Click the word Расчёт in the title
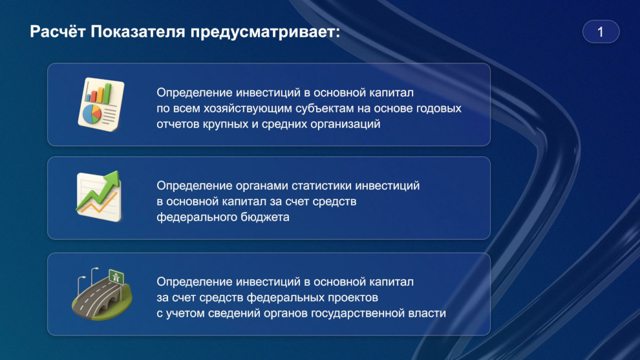[58, 32]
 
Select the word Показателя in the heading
[138, 32]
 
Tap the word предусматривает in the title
[265, 32]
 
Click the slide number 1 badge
[601, 32]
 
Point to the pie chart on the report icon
[92, 114]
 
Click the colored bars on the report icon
[98, 93]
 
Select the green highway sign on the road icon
[116, 277]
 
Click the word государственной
[358, 313]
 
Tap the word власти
[427, 313]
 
